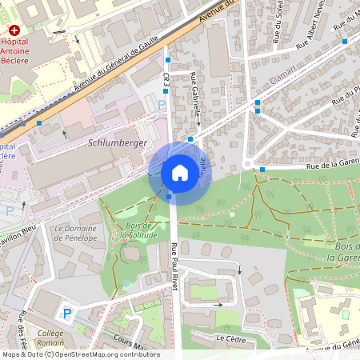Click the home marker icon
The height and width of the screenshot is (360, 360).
pyautogui.click(x=179, y=173)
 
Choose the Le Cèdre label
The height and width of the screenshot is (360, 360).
pyautogui.click(x=230, y=338)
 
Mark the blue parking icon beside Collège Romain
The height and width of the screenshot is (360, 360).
pyautogui.click(x=67, y=313)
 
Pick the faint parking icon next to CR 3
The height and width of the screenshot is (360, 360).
pyautogui.click(x=162, y=104)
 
